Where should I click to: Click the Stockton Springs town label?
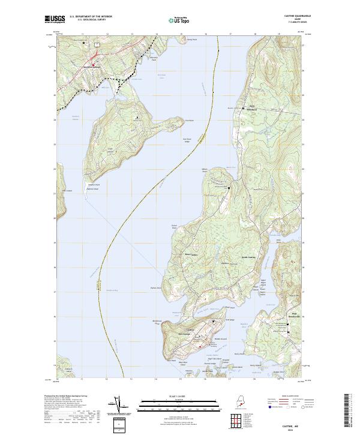point(92,65)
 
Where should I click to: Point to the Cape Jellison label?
point(110,150)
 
